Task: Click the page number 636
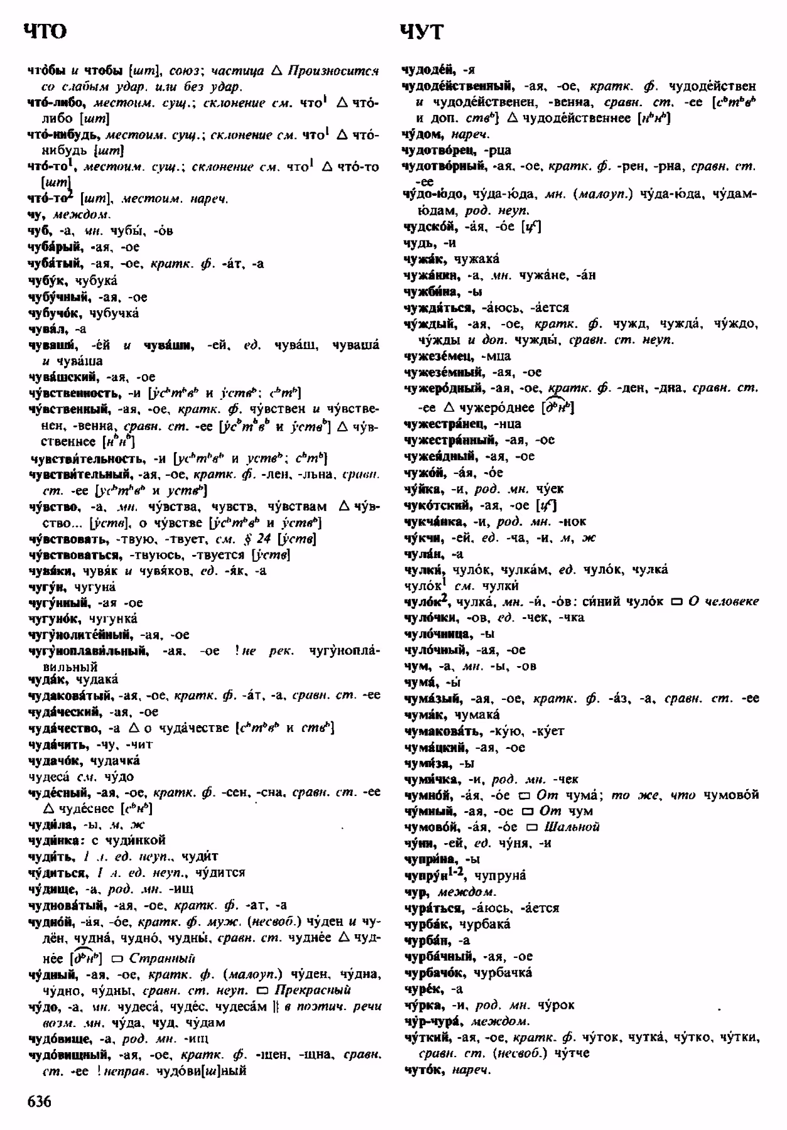[38, 1101]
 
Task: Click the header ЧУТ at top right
[421, 32]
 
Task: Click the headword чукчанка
[434, 522]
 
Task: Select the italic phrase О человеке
[723, 601]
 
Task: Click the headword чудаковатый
[70, 696]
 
